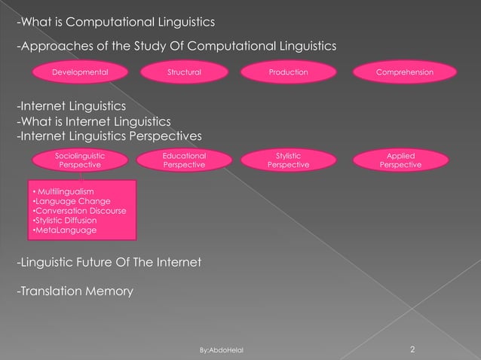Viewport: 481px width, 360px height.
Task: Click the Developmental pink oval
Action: click(79, 72)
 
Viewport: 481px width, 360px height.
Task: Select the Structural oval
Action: click(184, 72)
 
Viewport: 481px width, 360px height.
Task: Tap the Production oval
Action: click(288, 72)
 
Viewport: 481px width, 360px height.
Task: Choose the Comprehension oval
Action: click(406, 72)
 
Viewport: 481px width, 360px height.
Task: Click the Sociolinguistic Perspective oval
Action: click(81, 160)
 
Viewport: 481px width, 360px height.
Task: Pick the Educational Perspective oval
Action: click(184, 160)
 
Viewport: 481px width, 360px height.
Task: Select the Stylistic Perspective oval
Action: click(288, 160)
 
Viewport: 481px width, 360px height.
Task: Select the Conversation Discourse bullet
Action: click(79, 211)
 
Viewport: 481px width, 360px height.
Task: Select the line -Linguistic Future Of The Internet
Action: click(109, 262)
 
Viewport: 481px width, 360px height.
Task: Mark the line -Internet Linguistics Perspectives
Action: click(109, 136)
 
